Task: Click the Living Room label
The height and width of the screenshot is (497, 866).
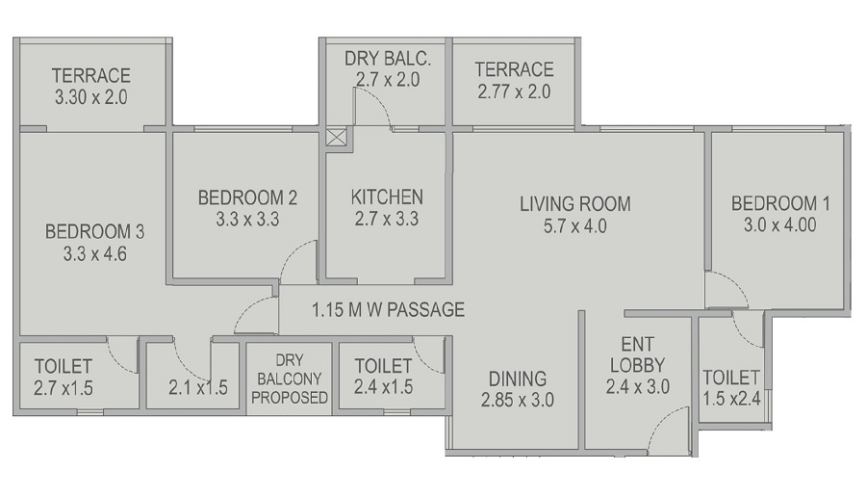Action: [574, 204]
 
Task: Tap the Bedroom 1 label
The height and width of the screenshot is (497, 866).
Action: [780, 204]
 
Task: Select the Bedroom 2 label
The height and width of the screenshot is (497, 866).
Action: [247, 197]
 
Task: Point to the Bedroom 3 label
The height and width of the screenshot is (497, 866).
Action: [94, 232]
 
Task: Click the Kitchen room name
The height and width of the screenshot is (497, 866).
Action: [387, 197]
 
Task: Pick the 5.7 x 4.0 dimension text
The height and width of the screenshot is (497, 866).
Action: [574, 227]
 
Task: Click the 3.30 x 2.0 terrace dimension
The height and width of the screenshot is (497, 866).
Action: [91, 97]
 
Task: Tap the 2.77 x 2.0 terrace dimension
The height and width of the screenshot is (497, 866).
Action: [514, 92]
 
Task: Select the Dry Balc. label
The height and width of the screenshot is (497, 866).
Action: [388, 59]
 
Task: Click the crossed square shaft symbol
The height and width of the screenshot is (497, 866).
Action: [336, 137]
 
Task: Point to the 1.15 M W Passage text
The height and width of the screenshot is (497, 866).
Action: [388, 310]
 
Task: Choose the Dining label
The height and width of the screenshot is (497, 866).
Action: [517, 379]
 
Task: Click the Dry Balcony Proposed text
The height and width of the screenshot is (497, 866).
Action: [290, 378]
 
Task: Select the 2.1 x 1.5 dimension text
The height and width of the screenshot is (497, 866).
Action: [197, 388]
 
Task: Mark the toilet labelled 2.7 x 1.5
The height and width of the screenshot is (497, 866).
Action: [64, 378]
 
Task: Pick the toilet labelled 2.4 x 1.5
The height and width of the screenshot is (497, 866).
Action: [384, 378]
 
